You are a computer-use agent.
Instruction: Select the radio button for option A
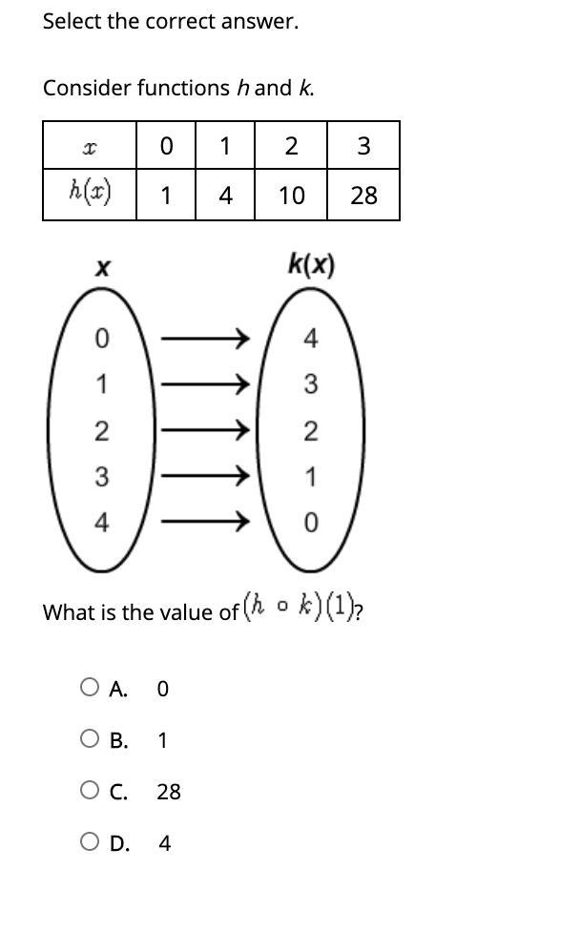(x=89, y=687)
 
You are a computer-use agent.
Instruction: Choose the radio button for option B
(x=89, y=738)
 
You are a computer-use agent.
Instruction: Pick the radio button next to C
(x=89, y=790)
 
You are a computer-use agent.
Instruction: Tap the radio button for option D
(x=89, y=841)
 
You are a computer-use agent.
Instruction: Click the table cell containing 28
(x=363, y=195)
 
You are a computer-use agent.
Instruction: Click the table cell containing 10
(x=291, y=195)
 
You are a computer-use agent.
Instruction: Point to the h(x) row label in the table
(x=90, y=192)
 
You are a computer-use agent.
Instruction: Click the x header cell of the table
(x=90, y=145)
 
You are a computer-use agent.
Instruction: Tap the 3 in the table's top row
(x=363, y=145)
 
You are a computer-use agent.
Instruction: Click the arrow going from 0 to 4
(x=205, y=339)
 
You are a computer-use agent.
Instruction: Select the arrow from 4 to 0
(x=205, y=522)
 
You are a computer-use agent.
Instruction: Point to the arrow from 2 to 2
(x=205, y=430)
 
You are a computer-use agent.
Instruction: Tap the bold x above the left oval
(x=102, y=269)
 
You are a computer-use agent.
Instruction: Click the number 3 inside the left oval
(x=101, y=476)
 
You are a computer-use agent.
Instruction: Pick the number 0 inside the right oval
(x=311, y=523)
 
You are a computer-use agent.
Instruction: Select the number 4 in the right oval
(x=310, y=339)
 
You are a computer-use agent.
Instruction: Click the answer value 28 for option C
(x=169, y=792)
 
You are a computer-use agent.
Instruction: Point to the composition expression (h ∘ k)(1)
(x=300, y=608)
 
